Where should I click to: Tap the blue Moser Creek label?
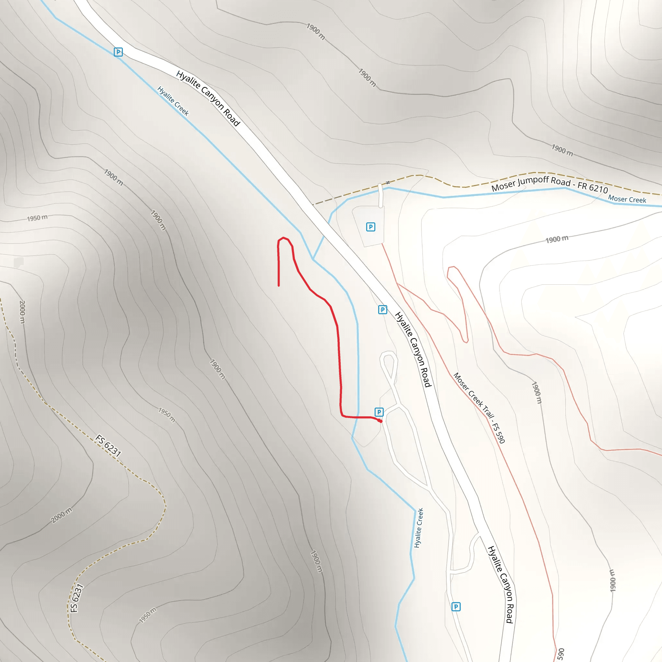point(627,199)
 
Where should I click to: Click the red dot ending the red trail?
point(380,421)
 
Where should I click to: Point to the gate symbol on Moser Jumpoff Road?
point(388,182)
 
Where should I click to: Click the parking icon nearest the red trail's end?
point(379,412)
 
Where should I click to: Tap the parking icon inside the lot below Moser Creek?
point(370,227)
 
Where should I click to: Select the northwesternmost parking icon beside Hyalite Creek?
point(118,52)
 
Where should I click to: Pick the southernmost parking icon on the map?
point(456,607)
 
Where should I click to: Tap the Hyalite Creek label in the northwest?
point(173,101)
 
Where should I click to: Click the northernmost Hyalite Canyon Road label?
point(208,98)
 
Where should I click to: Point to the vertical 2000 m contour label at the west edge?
point(22,312)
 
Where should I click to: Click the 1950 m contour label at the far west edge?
point(37,218)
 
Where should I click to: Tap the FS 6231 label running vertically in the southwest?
point(76,598)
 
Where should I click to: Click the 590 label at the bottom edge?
point(561,654)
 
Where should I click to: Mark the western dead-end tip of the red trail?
point(279,285)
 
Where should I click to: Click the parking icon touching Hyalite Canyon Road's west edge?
point(382,310)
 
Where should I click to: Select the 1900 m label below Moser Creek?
point(557,239)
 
